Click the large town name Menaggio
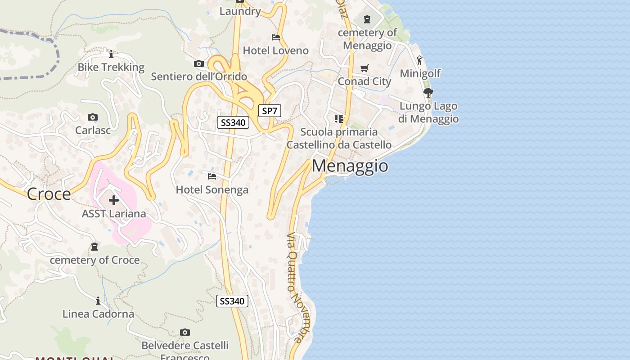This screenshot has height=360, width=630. click(x=350, y=166)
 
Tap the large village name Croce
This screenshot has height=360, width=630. click(x=49, y=194)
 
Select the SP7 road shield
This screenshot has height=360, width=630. click(x=270, y=111)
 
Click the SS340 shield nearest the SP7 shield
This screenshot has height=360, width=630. click(x=233, y=122)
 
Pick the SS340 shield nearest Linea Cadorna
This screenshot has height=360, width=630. click(x=232, y=301)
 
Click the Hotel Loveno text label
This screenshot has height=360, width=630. click(x=275, y=50)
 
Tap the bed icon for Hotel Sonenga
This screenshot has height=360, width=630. click(x=212, y=176)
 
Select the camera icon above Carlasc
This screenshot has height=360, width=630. click(x=93, y=117)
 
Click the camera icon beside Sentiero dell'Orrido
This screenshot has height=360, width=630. click(x=198, y=64)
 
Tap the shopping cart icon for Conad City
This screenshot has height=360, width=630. click(x=364, y=68)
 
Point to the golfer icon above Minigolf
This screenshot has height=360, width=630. click(x=420, y=60)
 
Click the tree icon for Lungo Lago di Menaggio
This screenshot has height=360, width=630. click(x=428, y=93)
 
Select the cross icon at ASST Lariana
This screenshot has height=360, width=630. click(x=114, y=200)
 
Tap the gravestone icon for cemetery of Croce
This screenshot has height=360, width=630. click(x=94, y=247)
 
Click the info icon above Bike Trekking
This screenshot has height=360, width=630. click(x=111, y=54)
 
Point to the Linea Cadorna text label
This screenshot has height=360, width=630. click(x=98, y=314)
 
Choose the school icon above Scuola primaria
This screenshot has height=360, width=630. click(x=339, y=119)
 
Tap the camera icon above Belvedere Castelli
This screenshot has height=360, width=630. click(x=184, y=333)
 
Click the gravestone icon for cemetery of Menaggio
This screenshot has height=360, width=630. click(x=367, y=19)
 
